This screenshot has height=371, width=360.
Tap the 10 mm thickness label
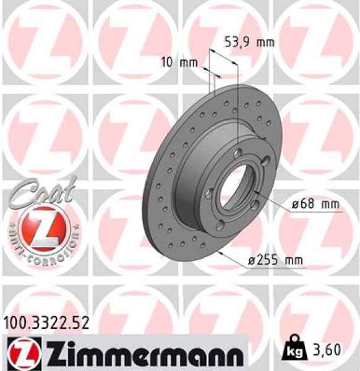(x=175, y=62)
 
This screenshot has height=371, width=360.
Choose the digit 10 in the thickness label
(x=165, y=62)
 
